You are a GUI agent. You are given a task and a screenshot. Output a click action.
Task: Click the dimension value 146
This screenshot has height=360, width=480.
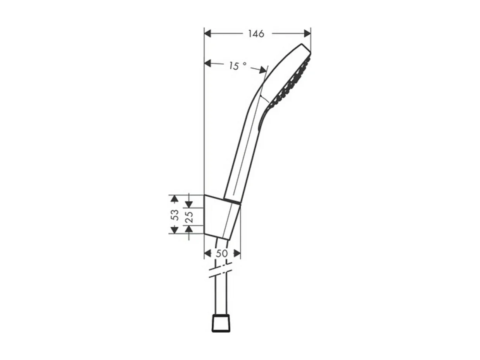click(x=256, y=34)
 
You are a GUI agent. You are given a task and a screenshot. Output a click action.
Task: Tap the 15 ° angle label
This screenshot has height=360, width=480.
click(x=237, y=66)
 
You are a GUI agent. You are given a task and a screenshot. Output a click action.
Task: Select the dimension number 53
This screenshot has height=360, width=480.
click(x=175, y=215)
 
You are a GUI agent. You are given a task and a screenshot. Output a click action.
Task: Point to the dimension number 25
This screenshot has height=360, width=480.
click(x=189, y=216)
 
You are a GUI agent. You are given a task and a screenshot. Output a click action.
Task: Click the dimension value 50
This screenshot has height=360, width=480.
click(x=221, y=254)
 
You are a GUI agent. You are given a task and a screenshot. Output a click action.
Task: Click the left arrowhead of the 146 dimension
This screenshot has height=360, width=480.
click(x=207, y=34)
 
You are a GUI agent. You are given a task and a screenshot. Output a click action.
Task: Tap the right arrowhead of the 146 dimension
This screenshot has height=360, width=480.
click(x=307, y=34)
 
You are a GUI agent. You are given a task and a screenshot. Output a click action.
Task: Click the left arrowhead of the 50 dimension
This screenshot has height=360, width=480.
click(x=207, y=254)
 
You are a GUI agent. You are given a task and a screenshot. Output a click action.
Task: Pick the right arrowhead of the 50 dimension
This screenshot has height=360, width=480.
click(x=237, y=254)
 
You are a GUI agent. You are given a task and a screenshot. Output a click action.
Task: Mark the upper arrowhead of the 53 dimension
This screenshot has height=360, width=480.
click(x=174, y=199)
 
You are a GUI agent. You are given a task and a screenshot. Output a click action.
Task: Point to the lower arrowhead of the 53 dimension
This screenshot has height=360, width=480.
click(x=174, y=230)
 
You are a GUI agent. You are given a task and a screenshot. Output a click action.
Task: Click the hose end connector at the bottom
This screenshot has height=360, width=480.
click(x=221, y=324)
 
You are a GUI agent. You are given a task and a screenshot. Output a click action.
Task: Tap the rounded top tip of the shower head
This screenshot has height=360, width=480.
click(x=304, y=47)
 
